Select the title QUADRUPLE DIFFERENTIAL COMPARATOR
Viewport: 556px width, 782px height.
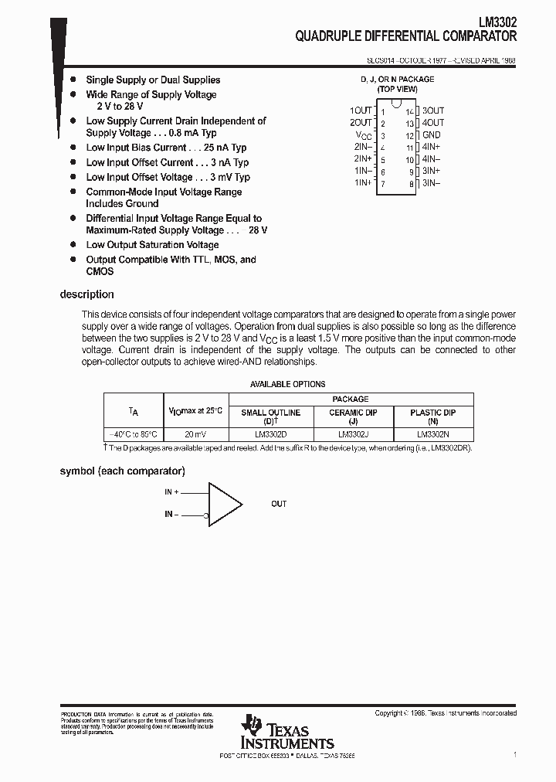point(406,36)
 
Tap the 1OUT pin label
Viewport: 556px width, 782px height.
point(361,110)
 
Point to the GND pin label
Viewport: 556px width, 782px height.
point(431,134)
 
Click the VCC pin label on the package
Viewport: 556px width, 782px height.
point(363,135)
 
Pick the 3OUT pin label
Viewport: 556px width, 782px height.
point(433,110)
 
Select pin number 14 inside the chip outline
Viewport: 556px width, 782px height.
point(410,112)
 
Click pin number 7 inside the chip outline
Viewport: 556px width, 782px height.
point(382,184)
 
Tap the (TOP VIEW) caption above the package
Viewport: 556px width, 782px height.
point(397,89)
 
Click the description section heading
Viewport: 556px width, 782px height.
point(86,294)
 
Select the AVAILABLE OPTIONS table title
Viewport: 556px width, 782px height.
point(288,384)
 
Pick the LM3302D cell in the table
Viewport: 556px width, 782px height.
point(270,434)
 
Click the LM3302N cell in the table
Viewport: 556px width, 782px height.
point(433,434)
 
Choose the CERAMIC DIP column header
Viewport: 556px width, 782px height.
point(353,413)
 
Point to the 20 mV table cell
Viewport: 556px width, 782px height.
point(195,434)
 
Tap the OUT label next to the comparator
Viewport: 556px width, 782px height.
point(279,504)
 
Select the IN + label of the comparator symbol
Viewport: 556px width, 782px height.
point(171,491)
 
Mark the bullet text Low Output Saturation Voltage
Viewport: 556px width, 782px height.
point(152,245)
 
